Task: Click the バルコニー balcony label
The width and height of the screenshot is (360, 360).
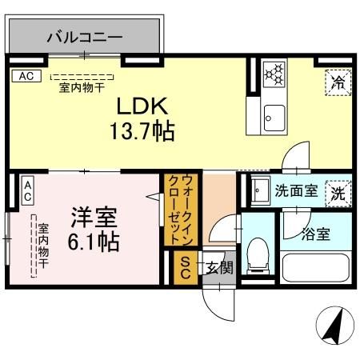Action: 84,37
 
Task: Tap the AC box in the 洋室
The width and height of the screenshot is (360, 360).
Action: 26,190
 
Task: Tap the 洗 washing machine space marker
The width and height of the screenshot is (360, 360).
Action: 338,192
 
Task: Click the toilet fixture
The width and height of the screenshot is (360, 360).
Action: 258,254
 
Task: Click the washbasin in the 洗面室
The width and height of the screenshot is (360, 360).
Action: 258,192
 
